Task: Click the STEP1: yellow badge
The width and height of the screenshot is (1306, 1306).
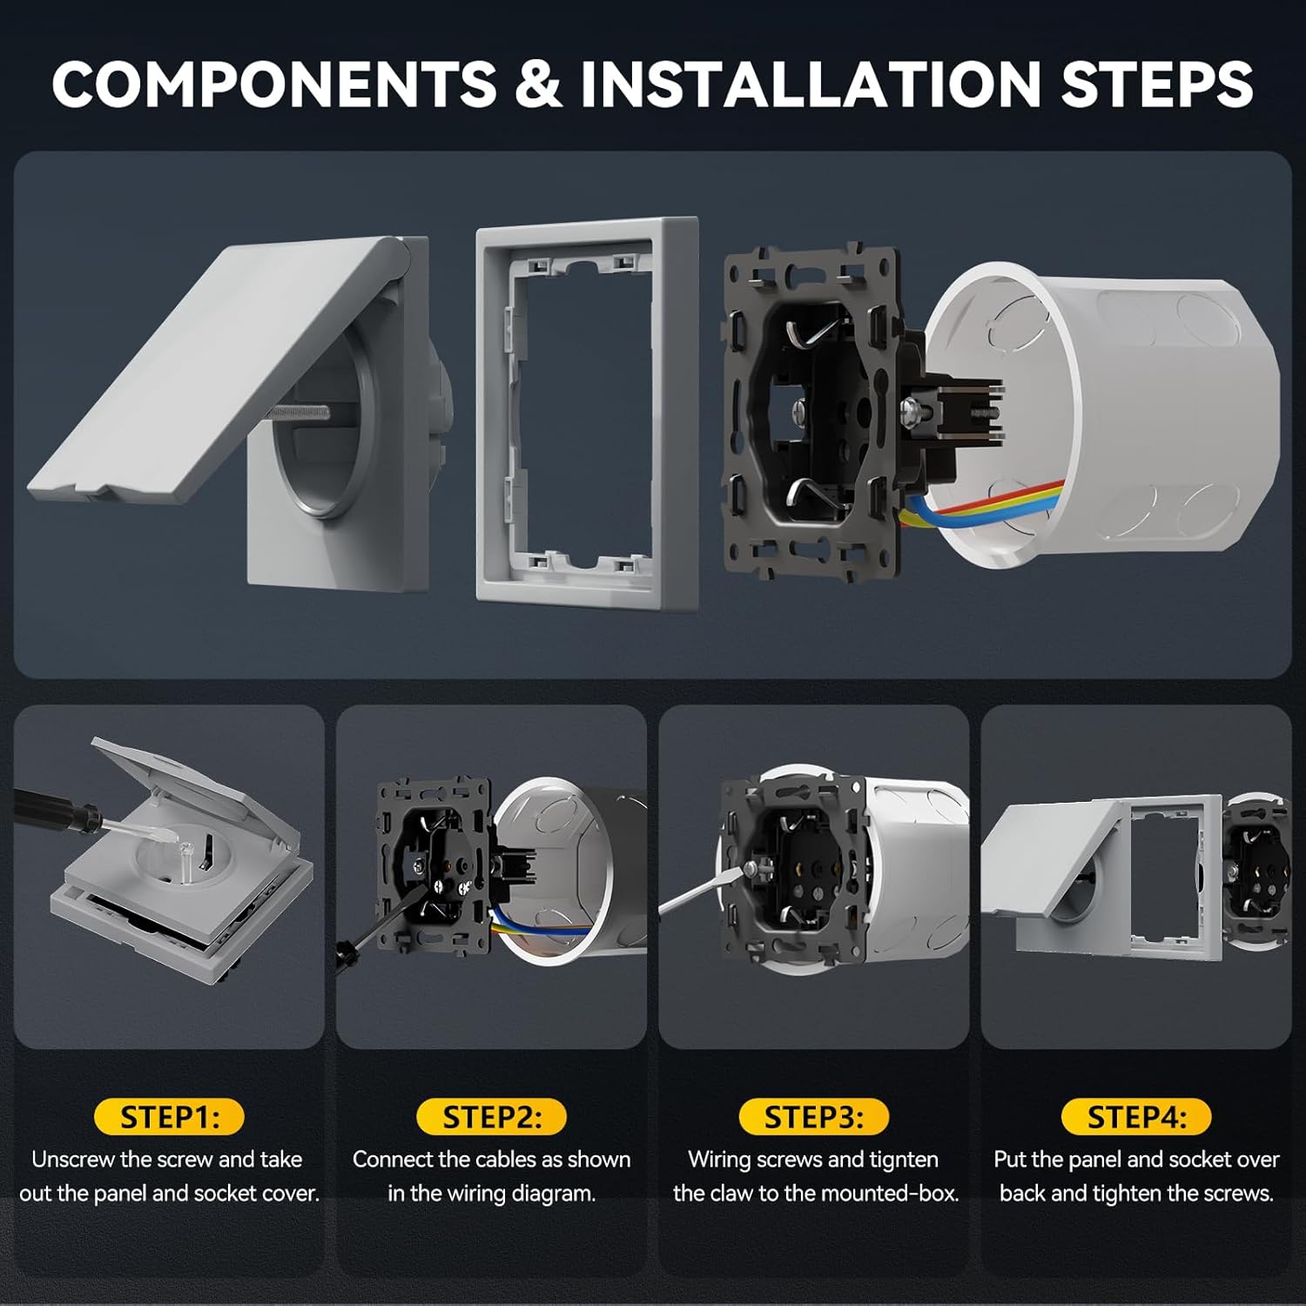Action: click(x=169, y=1117)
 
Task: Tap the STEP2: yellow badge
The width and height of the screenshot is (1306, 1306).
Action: click(x=491, y=1117)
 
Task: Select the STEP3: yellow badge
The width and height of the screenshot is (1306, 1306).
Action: click(x=814, y=1117)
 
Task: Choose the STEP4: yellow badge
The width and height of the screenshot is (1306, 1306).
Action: click(x=1136, y=1117)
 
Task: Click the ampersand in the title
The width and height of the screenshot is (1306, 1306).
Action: click(x=538, y=84)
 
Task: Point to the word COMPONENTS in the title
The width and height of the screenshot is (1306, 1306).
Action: click(x=274, y=84)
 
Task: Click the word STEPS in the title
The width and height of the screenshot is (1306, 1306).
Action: click(x=1156, y=84)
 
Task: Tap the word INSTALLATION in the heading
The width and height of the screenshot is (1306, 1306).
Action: click(x=810, y=84)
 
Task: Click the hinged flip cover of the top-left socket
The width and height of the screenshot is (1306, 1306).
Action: click(x=209, y=374)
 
